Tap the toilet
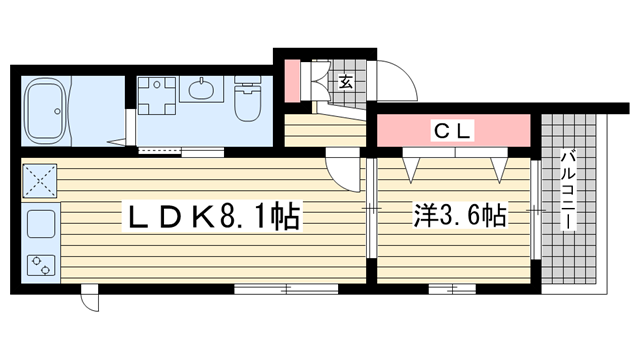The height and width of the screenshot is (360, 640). pyautogui.click(x=247, y=99)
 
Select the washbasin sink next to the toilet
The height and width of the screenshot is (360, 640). pyautogui.click(x=202, y=89)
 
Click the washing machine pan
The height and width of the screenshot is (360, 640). pyautogui.click(x=156, y=96)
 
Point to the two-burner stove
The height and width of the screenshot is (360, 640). pyautogui.click(x=41, y=265)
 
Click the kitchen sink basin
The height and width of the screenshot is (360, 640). pyautogui.click(x=41, y=224)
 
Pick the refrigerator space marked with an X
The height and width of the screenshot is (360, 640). pyautogui.click(x=40, y=181)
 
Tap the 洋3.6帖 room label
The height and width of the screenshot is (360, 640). pyautogui.click(x=460, y=215)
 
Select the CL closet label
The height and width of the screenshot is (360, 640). pyautogui.click(x=453, y=131)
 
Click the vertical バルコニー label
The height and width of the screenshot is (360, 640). pyautogui.click(x=568, y=190)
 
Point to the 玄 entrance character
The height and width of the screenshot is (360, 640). pyautogui.click(x=345, y=83)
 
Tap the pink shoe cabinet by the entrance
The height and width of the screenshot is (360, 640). pyautogui.click(x=292, y=81)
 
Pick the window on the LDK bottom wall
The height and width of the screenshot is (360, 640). pyautogui.click(x=286, y=289)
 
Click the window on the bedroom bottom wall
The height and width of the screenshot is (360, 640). pyautogui.click(x=452, y=289)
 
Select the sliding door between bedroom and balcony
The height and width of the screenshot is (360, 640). pyautogui.click(x=536, y=210)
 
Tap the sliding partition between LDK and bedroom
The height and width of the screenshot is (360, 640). pyautogui.click(x=371, y=208)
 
